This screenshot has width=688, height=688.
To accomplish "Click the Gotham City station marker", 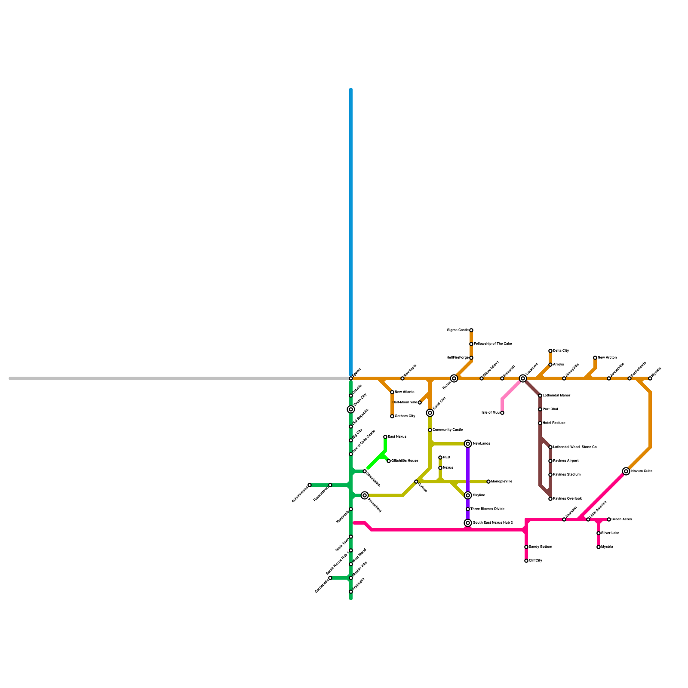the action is click(x=392, y=416).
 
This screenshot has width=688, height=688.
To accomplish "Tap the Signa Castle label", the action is click(x=458, y=330).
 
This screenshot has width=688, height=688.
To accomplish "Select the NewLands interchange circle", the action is click(x=468, y=444).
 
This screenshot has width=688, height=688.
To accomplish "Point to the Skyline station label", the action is click(x=479, y=495).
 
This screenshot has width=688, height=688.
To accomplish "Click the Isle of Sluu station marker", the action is click(x=502, y=413).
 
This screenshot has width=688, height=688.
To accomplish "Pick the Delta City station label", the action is click(x=561, y=351).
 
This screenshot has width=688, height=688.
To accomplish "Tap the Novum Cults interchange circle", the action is click(x=626, y=471).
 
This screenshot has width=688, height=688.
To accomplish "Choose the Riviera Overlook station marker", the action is click(x=550, y=499).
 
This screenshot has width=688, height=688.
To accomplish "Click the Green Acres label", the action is click(x=621, y=519).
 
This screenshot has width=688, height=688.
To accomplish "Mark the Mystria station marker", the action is click(x=599, y=547).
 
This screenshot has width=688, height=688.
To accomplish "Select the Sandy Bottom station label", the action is click(x=540, y=547).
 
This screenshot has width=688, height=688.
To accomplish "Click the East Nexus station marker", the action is click(x=385, y=437).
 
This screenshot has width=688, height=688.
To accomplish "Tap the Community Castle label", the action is click(x=448, y=430).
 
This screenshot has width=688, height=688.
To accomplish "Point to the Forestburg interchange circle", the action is click(x=365, y=495).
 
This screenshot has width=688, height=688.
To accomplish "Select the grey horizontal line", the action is click(x=172, y=378).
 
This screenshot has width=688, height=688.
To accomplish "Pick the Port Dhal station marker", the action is click(x=540, y=409).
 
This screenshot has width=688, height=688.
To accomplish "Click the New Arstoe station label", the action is click(x=607, y=358).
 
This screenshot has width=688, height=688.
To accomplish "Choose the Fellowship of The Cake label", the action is click(x=493, y=344).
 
